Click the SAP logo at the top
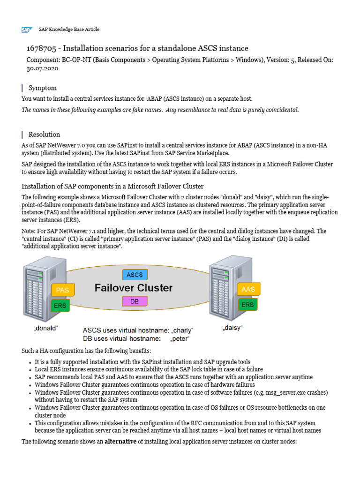tap(26, 30)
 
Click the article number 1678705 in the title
tap(42, 48)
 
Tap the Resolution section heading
tap(44, 134)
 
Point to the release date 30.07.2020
tap(41, 68)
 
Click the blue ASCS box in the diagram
tap(135, 274)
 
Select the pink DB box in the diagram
tap(135, 302)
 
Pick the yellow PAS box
tap(62, 290)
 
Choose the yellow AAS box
tap(247, 289)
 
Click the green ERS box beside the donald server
tap(60, 306)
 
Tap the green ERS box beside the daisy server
tap(247, 305)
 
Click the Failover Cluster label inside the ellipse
tap(134, 288)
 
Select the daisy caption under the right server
tap(232, 329)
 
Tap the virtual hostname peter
tap(182, 338)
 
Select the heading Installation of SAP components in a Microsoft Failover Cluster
tap(112, 186)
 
